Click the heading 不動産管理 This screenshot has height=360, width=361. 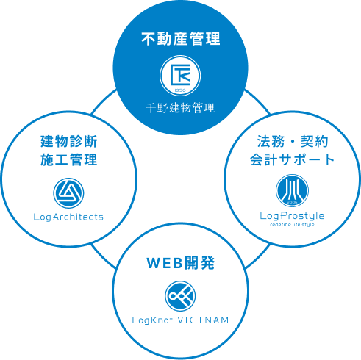[181, 39]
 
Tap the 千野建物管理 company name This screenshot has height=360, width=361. [180, 108]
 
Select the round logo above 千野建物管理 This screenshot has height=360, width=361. [180, 76]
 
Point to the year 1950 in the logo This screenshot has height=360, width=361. [180, 90]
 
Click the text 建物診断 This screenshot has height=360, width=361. [69, 141]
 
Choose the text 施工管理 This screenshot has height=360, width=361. [69, 159]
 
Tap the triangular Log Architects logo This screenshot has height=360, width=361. [68, 193]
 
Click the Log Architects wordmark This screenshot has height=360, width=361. [68, 217]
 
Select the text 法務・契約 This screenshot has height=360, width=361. [293, 141]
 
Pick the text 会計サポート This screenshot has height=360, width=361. [293, 159]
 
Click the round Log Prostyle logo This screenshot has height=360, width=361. [292, 190]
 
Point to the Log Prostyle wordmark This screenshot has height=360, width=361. [292, 216]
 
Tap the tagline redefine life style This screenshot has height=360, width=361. [292, 224]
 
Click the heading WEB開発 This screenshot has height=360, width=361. [181, 263]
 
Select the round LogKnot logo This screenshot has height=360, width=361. [180, 296]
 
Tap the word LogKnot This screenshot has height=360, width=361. [152, 320]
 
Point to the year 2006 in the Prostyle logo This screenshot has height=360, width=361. [292, 203]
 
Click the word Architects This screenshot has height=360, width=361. [78, 217]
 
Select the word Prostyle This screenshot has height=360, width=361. [302, 216]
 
